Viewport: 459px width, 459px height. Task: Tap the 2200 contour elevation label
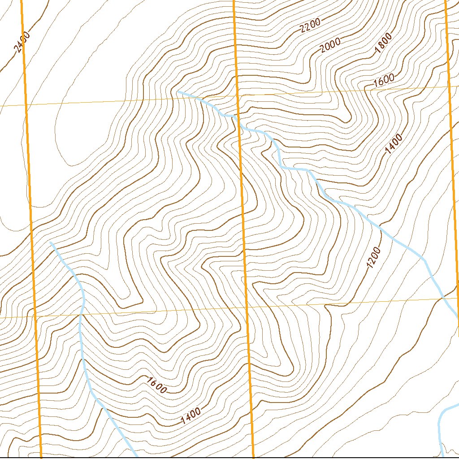310,27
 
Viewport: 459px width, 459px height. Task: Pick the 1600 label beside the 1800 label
384,80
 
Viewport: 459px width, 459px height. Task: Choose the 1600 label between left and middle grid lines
156,385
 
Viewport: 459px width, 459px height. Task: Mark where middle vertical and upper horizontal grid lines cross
238,96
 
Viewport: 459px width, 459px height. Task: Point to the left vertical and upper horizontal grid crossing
26,105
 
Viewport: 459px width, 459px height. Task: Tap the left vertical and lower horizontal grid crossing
35,316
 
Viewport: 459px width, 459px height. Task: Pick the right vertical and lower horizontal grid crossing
457,298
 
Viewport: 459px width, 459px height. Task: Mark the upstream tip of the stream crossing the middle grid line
178,92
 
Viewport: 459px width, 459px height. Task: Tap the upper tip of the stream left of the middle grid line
51,242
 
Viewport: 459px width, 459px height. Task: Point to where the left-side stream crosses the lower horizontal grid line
81,315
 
